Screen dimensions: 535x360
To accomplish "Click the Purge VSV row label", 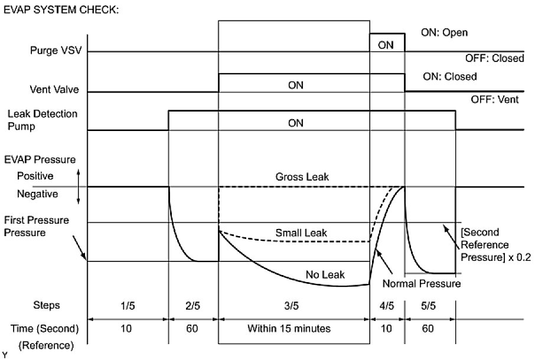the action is click(55, 51).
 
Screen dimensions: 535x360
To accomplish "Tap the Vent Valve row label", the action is click(57, 91).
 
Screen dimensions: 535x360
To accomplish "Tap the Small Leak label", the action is click(301, 233).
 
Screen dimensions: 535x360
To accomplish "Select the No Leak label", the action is click(325, 274).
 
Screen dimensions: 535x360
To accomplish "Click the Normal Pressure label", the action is click(421, 284).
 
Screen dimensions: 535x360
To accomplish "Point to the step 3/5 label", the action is click(293, 305).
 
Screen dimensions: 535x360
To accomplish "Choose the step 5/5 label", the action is click(429, 305).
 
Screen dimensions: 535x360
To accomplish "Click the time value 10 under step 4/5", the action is click(386, 328).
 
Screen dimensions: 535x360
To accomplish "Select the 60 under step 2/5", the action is click(192, 328).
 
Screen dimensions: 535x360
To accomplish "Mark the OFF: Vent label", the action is click(495, 100).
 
